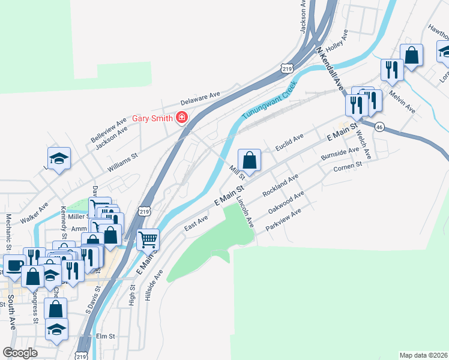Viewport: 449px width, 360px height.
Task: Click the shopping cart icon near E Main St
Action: (x=148, y=239)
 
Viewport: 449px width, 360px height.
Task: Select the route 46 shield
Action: (x=380, y=127)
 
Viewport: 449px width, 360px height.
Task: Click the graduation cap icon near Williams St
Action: (x=59, y=158)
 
